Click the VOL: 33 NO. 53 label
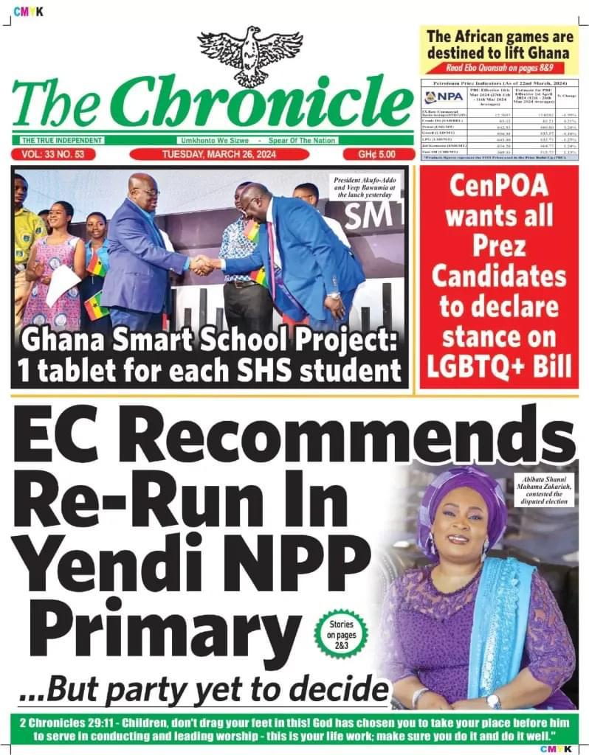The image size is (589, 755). point(54,155)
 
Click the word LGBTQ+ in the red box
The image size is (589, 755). point(499,365)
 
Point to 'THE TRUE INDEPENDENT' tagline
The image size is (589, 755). point(57,141)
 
